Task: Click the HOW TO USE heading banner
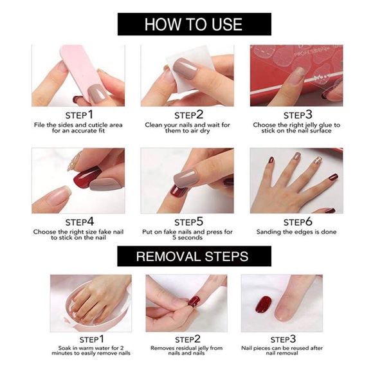pos(194,24)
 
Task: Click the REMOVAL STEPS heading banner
pos(192,256)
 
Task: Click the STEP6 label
pos(296,222)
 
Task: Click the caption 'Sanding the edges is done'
pos(296,232)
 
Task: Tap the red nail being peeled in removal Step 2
pos(193,300)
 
